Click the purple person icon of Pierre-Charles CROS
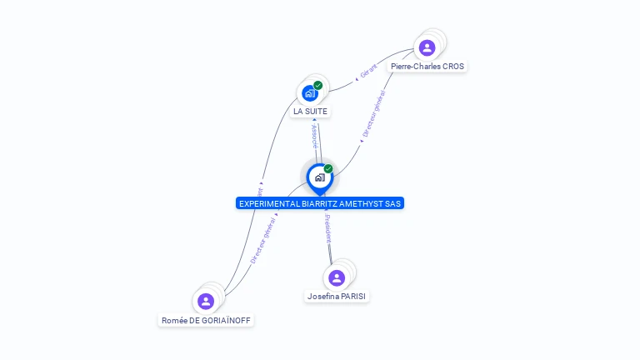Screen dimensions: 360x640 pyautogui.click(x=427, y=47)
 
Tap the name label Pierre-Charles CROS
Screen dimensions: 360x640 pyautogui.click(x=427, y=66)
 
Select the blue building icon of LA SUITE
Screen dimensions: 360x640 pyautogui.click(x=309, y=93)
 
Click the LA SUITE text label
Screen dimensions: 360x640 pyautogui.click(x=311, y=111)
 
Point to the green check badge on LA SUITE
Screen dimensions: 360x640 pyautogui.click(x=317, y=85)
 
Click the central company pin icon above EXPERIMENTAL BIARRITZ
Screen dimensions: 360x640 pyautogui.click(x=319, y=177)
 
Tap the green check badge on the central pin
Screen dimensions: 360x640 pyautogui.click(x=328, y=169)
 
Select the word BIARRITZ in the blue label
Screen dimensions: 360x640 pyautogui.click(x=318, y=203)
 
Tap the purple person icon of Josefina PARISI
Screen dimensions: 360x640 pyautogui.click(x=337, y=277)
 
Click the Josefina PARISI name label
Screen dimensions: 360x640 pyautogui.click(x=337, y=296)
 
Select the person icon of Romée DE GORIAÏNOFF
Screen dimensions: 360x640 pyautogui.click(x=206, y=301)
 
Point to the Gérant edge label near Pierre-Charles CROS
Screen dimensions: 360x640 pyautogui.click(x=368, y=72)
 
